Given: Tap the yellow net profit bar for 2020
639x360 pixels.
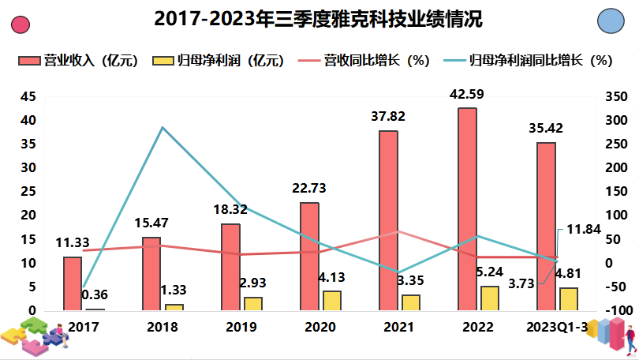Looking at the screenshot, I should click(332, 300).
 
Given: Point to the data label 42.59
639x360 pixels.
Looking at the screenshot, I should click(466, 96).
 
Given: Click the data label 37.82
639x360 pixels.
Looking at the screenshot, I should click(387, 117).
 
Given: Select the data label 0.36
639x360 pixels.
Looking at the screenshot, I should click(95, 295).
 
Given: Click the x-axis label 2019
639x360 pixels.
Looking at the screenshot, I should click(241, 326).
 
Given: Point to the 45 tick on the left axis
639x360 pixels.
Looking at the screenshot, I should click(28, 96).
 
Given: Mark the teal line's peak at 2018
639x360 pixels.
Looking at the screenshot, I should click(162, 127).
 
